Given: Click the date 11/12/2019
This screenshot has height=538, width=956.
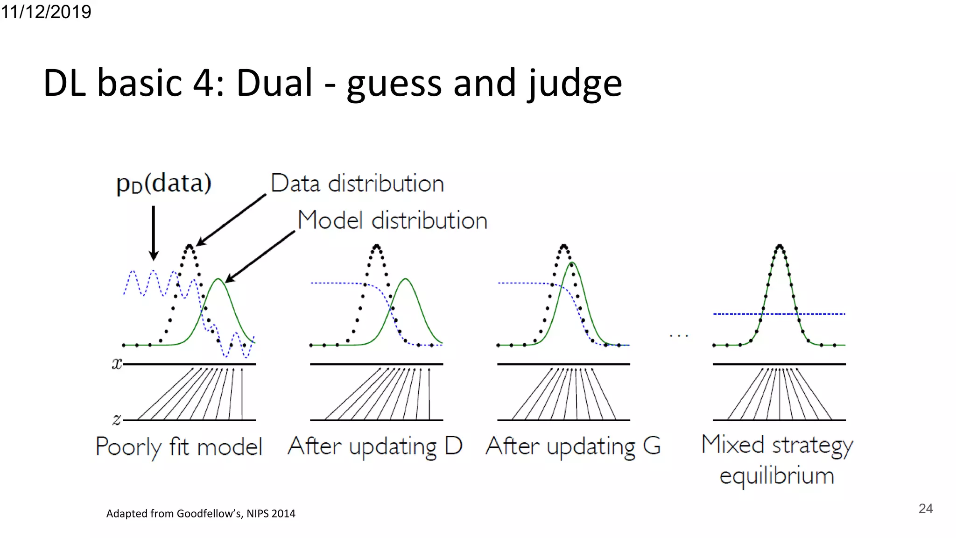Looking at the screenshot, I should click(x=46, y=12).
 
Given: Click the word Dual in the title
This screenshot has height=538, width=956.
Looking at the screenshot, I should click(x=274, y=83).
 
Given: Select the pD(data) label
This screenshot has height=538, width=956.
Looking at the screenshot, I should click(x=163, y=183).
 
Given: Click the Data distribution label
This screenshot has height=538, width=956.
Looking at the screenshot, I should click(x=357, y=183).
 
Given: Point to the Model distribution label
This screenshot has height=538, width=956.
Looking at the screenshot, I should click(x=392, y=220).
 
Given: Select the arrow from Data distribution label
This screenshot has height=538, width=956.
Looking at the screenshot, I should click(x=232, y=219).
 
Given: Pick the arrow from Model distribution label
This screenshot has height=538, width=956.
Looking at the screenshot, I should click(x=260, y=257).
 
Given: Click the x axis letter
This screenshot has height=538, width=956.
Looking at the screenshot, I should click(x=116, y=363).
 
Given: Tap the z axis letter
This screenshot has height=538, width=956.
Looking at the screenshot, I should click(x=117, y=419).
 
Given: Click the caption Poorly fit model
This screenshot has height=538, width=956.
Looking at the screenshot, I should click(x=179, y=447).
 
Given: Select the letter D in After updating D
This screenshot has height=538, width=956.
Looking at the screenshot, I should click(x=453, y=446).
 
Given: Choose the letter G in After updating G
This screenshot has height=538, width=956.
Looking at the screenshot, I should click(x=652, y=446).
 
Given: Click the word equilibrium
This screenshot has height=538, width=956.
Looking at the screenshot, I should click(x=777, y=476).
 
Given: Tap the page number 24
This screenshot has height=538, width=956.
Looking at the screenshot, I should click(x=925, y=509).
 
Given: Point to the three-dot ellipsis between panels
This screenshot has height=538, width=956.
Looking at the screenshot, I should click(x=678, y=336).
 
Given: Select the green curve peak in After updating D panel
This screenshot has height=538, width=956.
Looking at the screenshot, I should click(x=406, y=279).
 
